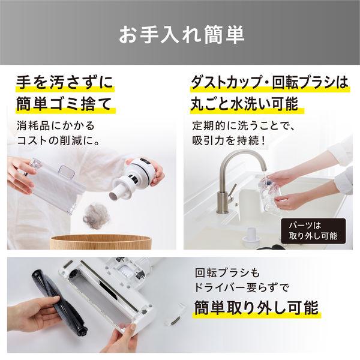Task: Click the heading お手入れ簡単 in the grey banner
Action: click(x=181, y=35)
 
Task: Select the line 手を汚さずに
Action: click(x=65, y=82)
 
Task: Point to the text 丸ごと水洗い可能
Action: click(x=245, y=104)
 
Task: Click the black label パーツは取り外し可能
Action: click(x=313, y=231)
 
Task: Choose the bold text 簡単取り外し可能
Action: click(x=256, y=308)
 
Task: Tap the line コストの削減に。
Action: click(x=59, y=140)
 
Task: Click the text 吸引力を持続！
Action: click(x=229, y=140)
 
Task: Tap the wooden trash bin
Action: click(x=101, y=242)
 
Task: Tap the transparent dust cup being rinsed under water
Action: click(x=270, y=194)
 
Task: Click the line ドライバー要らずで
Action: click(x=241, y=287)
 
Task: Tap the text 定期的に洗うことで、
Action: click(x=244, y=125)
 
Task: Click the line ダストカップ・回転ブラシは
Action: click(x=269, y=82)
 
